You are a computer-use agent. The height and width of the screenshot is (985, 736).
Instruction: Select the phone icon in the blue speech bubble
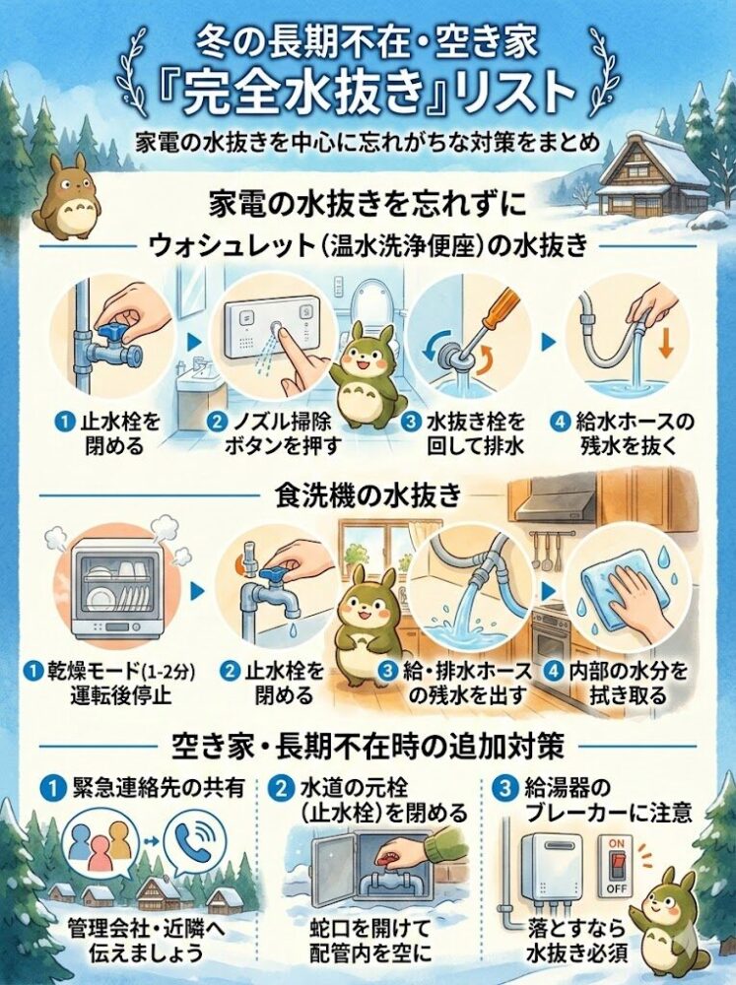pyautogui.click(x=195, y=844)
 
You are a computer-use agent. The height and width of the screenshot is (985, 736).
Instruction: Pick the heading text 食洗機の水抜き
pyautogui.click(x=367, y=495)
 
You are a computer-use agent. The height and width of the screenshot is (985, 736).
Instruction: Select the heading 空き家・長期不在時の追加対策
pyautogui.click(x=367, y=746)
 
